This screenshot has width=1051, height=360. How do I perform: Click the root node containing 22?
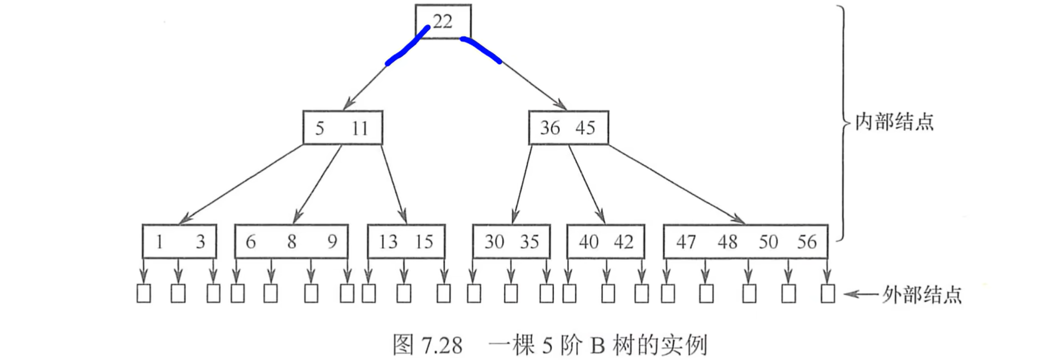pos(443,22)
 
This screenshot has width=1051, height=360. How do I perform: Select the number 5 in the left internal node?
pos(320,128)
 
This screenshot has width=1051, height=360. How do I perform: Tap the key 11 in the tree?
pos(360,128)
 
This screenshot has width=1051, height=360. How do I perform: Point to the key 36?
pos(550,128)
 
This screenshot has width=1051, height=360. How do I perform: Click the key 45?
pos(585,128)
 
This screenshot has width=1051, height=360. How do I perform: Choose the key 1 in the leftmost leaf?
pos(159,242)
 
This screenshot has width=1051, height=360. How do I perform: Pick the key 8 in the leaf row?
pos(292,242)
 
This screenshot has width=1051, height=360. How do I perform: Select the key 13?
pos(388,242)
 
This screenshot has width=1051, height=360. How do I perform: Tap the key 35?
pos(529,242)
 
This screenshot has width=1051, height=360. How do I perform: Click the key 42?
pos(624,242)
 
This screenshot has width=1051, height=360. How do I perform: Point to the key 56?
pos(807,242)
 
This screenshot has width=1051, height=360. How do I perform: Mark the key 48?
pos(727,242)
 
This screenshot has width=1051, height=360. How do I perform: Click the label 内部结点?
pos(894,122)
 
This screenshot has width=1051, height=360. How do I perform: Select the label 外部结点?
pos(922,295)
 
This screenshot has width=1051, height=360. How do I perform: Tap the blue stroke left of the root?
pos(407,47)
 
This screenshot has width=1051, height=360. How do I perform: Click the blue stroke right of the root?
pos(481,49)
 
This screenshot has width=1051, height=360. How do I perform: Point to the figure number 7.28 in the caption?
pos(442,346)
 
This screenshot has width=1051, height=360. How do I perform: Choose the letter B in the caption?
pos(597,346)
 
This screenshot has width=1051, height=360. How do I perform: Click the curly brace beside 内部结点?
pos(842,122)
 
